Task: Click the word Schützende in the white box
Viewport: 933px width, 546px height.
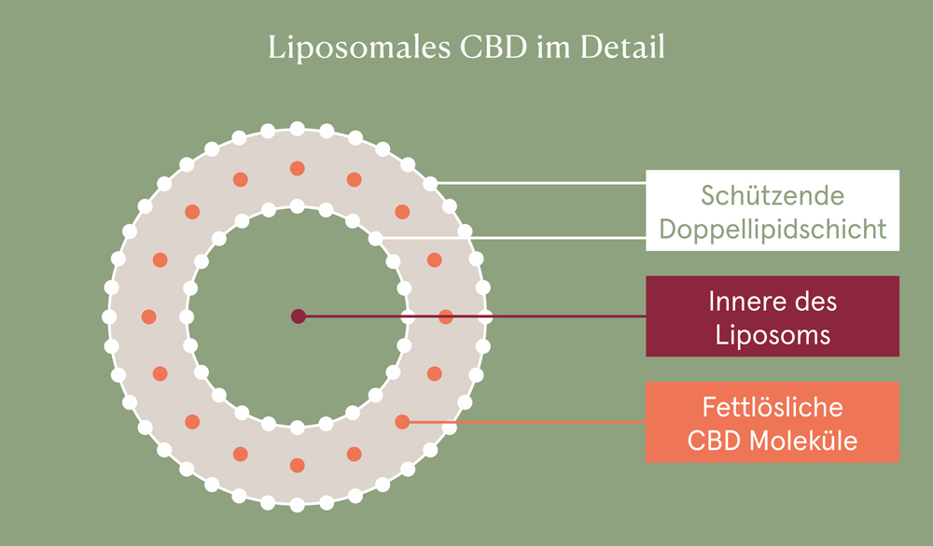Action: tap(773, 197)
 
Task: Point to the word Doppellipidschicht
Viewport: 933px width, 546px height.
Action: tap(773, 229)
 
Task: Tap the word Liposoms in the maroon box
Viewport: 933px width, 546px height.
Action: tap(773, 335)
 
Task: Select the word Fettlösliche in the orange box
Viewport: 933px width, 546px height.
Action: tap(773, 408)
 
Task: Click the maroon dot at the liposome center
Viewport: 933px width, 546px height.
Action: tap(298, 316)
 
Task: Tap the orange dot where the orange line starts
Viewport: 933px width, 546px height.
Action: tap(402, 421)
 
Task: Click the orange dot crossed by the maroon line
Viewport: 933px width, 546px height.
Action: tap(446, 316)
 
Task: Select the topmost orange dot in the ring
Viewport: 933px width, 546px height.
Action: tap(298, 169)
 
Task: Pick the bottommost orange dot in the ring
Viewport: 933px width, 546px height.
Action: tap(298, 465)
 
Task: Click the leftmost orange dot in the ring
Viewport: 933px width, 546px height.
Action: tap(149, 316)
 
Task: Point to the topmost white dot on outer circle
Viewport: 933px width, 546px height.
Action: tap(298, 129)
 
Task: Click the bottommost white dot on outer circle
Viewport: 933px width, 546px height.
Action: tap(298, 504)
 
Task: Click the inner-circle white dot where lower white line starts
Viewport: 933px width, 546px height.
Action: tap(375, 239)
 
